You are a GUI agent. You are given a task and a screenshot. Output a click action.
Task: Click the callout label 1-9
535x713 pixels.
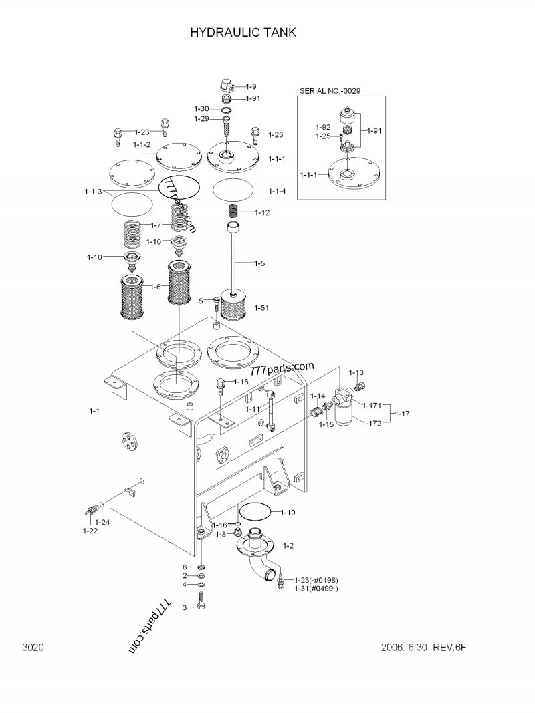pos(251,86)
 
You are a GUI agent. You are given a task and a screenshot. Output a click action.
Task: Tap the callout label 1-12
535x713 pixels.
pos(262,212)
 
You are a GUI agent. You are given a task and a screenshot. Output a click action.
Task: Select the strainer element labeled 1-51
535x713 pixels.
pos(234,310)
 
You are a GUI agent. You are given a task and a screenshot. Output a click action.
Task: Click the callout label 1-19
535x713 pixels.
pos(288,513)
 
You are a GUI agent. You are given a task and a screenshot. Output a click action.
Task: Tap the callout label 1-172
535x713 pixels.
pos(372,423)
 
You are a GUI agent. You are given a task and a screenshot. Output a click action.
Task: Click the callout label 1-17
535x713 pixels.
pos(401,414)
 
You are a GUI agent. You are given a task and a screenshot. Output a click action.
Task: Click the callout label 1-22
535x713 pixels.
pos(90,531)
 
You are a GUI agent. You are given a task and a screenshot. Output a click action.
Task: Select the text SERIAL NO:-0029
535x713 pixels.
pos(331,91)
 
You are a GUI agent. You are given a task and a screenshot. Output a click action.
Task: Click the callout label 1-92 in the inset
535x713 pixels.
pos(323,126)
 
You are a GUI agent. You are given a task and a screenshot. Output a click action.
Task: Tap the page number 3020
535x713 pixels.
pos(33,648)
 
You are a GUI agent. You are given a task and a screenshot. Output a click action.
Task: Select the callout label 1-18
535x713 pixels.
pos(241,382)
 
